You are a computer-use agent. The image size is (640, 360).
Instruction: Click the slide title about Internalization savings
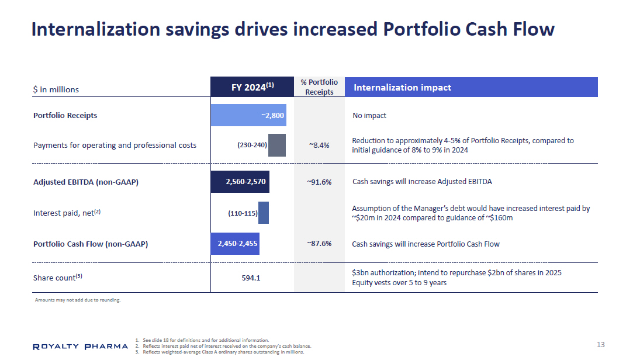[x=292, y=29]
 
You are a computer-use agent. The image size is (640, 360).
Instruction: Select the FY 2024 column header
[x=252, y=87]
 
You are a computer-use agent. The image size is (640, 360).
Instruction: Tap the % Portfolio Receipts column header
[x=319, y=87]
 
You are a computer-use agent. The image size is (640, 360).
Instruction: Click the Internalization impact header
[x=471, y=87]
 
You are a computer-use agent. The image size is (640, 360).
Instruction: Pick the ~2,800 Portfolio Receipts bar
[x=248, y=115]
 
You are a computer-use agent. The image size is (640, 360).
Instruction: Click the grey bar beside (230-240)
[x=276, y=145]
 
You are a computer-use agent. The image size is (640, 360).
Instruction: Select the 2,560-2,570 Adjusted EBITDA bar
[x=240, y=181]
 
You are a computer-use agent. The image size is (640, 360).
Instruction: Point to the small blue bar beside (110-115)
[x=264, y=213]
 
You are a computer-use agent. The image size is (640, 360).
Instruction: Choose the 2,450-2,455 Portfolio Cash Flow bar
[x=235, y=244]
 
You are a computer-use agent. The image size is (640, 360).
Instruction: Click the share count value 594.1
[x=251, y=278]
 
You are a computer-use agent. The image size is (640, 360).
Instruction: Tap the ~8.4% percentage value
[x=319, y=146]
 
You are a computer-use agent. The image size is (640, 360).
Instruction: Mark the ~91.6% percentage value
[x=319, y=182]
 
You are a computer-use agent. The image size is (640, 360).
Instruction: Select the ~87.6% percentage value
[x=319, y=244]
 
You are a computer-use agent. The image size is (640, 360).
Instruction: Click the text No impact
[x=369, y=116]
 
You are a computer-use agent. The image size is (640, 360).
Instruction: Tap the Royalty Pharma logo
[x=80, y=347]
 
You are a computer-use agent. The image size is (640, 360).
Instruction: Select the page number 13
[x=601, y=344]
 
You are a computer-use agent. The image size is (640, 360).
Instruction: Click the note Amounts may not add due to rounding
[x=78, y=300]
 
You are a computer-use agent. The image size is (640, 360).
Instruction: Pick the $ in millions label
[x=56, y=89]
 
